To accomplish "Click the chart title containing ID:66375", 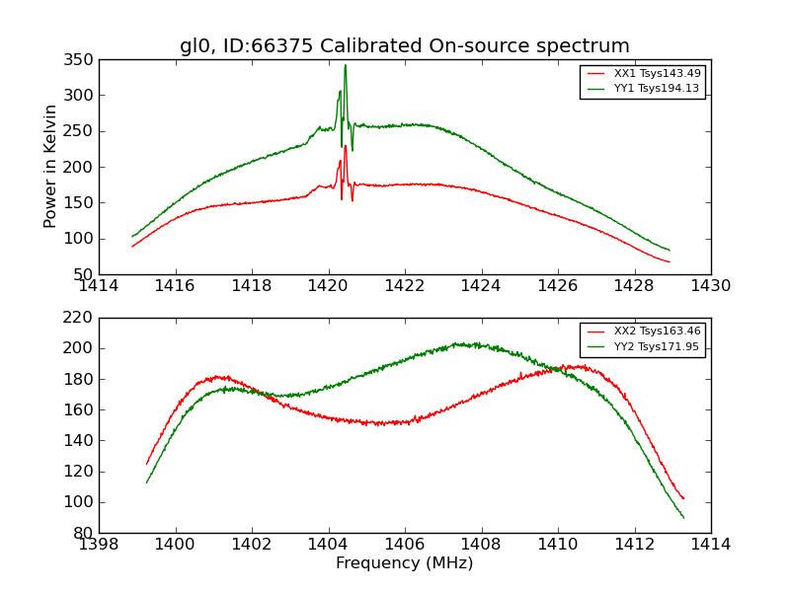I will click(404, 46).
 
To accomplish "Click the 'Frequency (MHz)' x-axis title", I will click(404, 563).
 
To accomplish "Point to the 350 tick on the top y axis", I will click(80, 60).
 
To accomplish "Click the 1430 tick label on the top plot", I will click(710, 286).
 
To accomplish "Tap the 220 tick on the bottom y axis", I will click(80, 318).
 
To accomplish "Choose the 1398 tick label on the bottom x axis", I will click(99, 545).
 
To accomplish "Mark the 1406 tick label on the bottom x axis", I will click(405, 545).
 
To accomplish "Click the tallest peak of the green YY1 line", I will click(345, 65).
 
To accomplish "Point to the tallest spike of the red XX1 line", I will click(345, 146).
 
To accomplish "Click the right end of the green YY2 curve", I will click(683, 518).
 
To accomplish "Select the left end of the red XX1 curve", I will click(132, 246).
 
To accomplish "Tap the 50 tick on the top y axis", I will click(84, 274).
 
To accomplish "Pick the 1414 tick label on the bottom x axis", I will click(710, 545).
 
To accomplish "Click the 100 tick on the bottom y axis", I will click(80, 502).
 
